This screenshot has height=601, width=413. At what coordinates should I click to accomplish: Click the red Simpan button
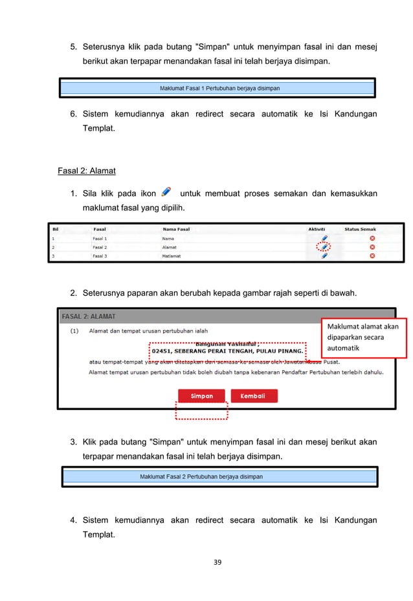201,396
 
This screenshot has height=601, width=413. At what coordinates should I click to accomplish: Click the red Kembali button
254,396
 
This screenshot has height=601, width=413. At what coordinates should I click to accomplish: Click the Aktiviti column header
317,228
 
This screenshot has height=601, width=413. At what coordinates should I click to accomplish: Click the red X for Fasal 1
372,238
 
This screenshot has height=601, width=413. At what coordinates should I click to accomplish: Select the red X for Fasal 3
372,256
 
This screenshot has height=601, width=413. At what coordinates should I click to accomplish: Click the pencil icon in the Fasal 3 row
324,256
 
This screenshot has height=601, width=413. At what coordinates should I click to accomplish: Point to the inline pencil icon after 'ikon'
166,191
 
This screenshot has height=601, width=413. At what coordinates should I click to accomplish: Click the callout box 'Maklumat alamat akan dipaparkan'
363,337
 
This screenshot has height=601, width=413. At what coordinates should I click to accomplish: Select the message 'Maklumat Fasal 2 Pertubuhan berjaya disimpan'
201,477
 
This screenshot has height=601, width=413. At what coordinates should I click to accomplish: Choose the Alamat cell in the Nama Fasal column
170,246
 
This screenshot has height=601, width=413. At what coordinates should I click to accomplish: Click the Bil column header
56,228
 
